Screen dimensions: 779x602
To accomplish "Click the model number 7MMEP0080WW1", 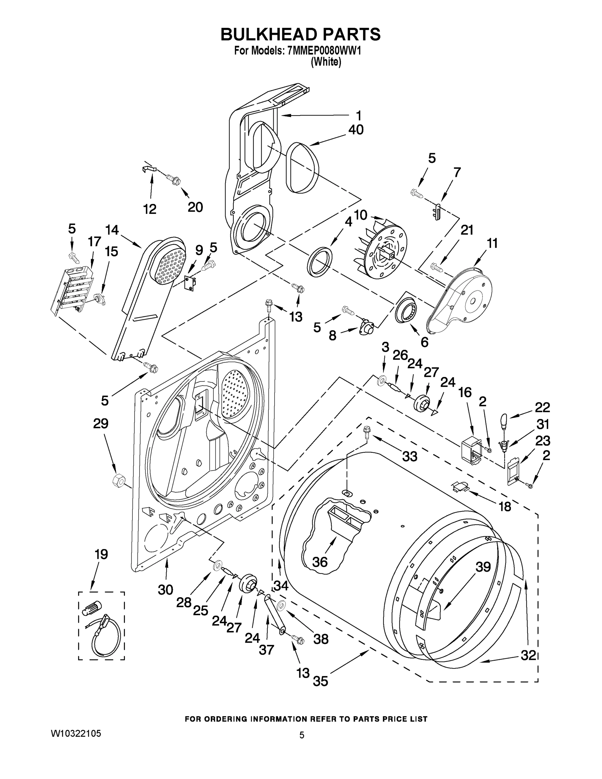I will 324,51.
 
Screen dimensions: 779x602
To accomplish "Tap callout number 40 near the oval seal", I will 356,130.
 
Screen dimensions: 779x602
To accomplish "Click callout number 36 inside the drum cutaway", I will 320,562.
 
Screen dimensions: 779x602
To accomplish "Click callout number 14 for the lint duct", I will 112,230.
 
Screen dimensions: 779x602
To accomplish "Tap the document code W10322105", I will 76,733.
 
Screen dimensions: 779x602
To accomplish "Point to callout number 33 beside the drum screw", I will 410,456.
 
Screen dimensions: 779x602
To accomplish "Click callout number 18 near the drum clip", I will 505,506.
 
